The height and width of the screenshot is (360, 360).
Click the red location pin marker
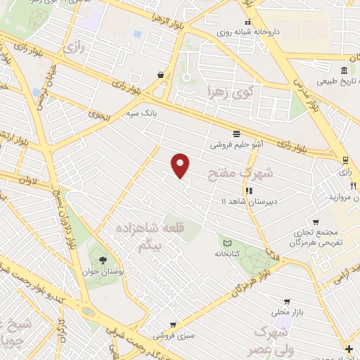tap(181, 165)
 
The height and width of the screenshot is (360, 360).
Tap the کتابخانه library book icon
tap(226, 243)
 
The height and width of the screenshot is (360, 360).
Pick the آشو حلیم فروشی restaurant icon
tap(237, 134)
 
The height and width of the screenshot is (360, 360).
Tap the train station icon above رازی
tap(345, 160)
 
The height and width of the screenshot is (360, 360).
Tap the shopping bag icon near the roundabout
tap(161, 75)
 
